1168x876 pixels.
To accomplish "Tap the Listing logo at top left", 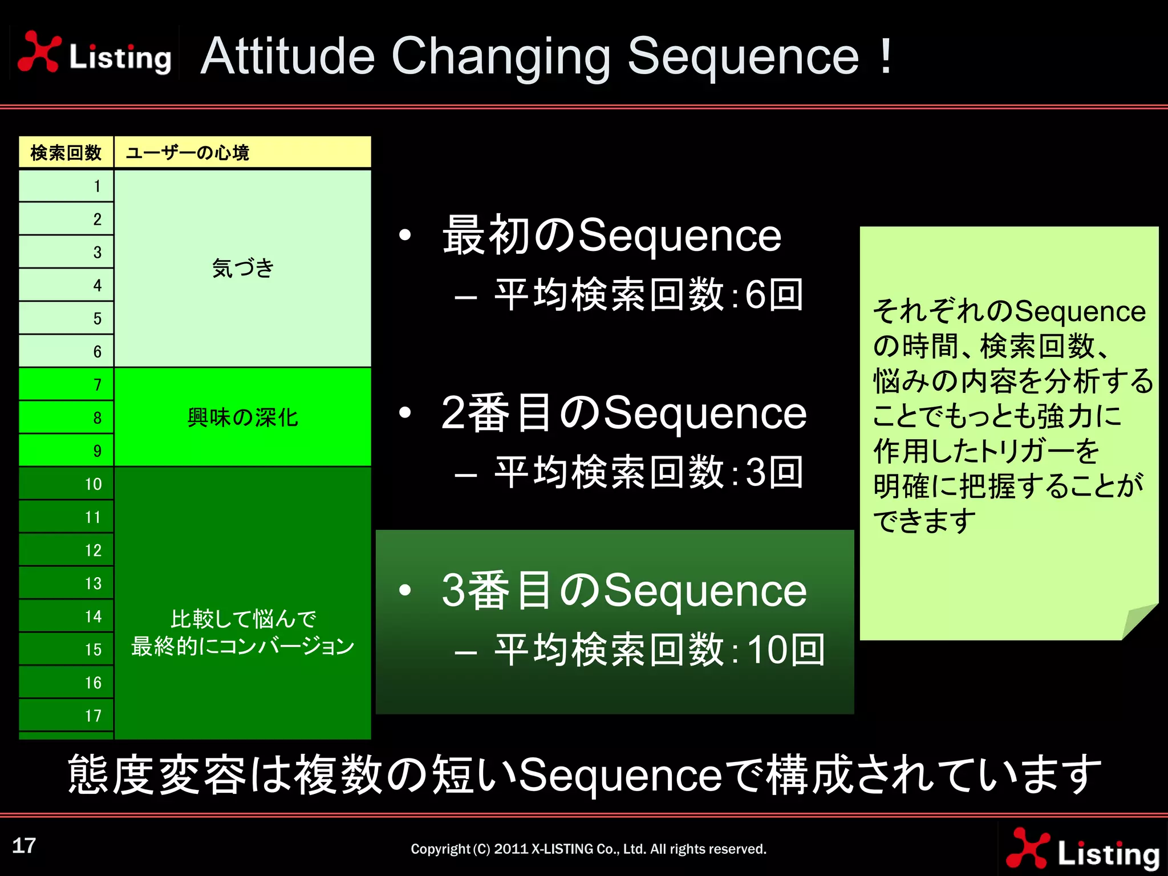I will [x=95, y=53].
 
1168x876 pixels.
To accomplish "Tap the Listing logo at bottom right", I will [x=1083, y=850].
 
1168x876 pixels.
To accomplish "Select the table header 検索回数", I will [x=66, y=153].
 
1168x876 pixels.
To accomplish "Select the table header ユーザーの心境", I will [x=187, y=153].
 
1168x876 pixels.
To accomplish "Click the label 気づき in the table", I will [x=243, y=268].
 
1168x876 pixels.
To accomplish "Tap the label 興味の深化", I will [x=243, y=417].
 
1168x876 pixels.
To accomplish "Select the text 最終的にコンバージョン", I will [x=243, y=647].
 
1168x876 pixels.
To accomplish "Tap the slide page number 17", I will [x=24, y=846].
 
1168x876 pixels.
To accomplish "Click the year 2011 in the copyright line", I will [x=511, y=849].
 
